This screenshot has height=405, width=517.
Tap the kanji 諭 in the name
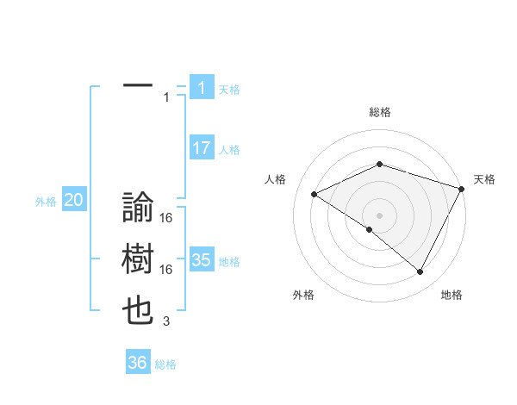click(x=138, y=208)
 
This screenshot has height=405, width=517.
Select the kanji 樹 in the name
click(x=138, y=260)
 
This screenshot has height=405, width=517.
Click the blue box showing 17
click(x=201, y=148)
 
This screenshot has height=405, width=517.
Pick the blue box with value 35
click(x=201, y=260)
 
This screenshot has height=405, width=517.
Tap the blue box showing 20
click(x=73, y=201)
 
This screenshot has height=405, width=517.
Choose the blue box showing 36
click(x=137, y=363)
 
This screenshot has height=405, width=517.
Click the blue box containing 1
click(x=201, y=87)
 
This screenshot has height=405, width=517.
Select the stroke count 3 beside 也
click(x=166, y=322)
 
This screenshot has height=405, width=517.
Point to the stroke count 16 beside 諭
click(x=166, y=218)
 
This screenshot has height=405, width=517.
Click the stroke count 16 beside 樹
click(x=166, y=270)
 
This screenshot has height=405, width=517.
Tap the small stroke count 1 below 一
click(x=166, y=97)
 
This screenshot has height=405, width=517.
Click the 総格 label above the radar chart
click(x=379, y=113)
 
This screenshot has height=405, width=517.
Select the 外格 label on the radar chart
click(x=303, y=295)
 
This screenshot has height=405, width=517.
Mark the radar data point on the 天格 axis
click(x=463, y=189)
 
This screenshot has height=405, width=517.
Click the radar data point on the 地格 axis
click(x=420, y=271)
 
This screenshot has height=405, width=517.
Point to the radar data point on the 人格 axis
click(x=315, y=194)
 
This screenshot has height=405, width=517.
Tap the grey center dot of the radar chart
click(x=379, y=215)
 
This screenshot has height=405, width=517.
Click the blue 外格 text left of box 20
click(x=46, y=202)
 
